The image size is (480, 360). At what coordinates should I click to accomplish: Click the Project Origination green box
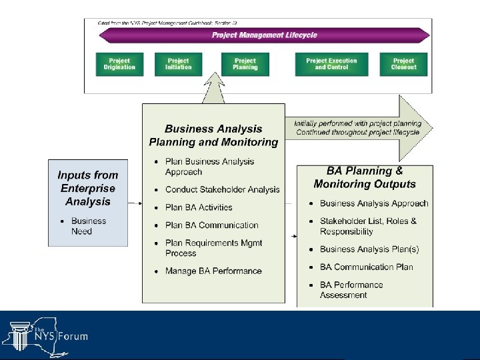[119, 64]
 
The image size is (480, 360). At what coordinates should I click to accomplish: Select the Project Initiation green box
[178, 64]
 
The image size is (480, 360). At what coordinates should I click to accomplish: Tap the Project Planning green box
[245, 64]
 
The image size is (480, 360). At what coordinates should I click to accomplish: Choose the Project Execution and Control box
[331, 64]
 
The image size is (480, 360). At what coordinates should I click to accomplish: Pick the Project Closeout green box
[403, 64]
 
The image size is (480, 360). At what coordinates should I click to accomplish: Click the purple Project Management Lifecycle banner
[264, 35]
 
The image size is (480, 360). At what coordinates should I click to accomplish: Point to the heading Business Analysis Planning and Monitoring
[213, 135]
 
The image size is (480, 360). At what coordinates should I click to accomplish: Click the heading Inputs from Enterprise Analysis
[87, 188]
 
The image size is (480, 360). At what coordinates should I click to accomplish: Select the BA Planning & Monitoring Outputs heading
[365, 177]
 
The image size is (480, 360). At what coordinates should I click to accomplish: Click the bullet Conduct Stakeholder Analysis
[222, 190]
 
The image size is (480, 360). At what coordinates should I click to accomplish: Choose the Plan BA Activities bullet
[199, 207]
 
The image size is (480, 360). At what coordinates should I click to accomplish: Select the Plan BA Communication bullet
[211, 225]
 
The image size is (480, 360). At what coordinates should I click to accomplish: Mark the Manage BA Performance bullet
[213, 271]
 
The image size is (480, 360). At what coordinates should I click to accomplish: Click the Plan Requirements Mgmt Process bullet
[213, 248]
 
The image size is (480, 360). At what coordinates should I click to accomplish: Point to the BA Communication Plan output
[366, 267]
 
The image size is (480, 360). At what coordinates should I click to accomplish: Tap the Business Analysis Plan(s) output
[369, 249]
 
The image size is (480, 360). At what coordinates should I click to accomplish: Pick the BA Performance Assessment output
[351, 289]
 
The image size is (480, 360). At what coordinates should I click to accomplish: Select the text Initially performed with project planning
[358, 123]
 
